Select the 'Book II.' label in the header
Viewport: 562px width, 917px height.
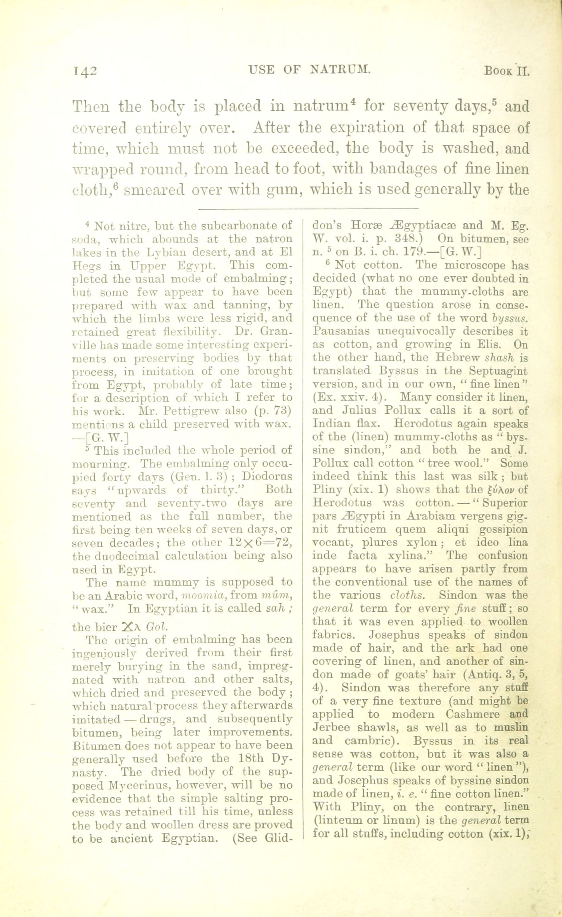[507, 71]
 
